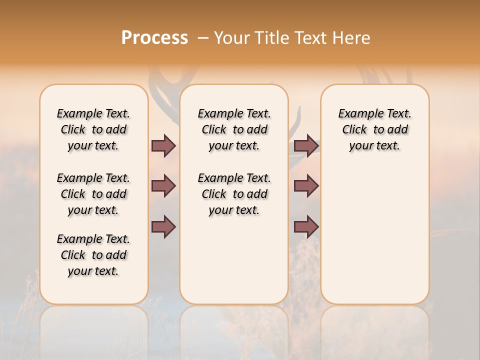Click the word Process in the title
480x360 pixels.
click(154, 37)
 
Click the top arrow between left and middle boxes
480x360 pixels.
click(163, 145)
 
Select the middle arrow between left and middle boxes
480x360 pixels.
click(163, 186)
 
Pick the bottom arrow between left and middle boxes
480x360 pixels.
click(163, 226)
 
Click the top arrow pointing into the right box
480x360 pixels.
click(306, 145)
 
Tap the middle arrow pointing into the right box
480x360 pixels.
click(306, 186)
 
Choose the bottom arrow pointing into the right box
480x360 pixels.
click(306, 226)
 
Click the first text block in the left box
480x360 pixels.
click(93, 129)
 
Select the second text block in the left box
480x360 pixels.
click(93, 194)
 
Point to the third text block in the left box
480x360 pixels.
click(93, 255)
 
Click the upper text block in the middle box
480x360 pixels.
click(234, 129)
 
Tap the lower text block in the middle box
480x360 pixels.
click(234, 194)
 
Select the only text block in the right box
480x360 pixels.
click(374, 129)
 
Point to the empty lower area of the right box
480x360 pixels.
click(374, 235)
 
